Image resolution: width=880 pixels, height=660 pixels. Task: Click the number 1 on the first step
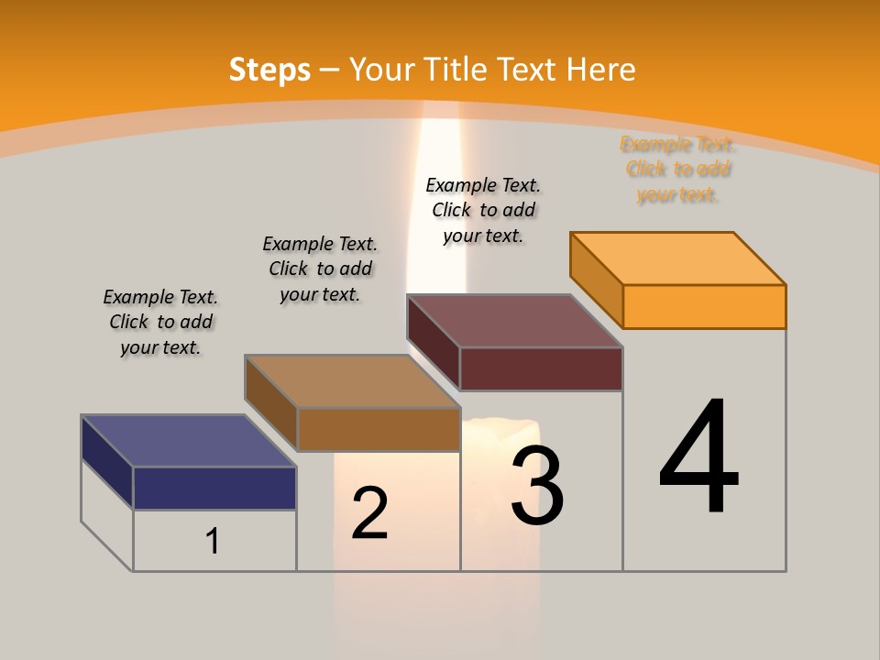tap(213, 541)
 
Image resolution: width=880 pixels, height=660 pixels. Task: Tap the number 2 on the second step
tap(369, 513)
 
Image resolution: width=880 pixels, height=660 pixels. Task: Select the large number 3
tap(537, 486)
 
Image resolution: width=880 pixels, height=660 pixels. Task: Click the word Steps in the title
tap(269, 70)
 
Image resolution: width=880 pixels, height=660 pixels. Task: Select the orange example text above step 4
tap(678, 170)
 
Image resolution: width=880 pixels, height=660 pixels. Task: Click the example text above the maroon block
tap(483, 210)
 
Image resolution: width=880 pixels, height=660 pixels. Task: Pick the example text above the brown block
tap(320, 269)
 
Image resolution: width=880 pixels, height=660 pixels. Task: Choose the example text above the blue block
tap(160, 322)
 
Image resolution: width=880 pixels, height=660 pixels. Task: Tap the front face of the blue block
tap(214, 488)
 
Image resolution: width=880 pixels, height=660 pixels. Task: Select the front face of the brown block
tap(379, 429)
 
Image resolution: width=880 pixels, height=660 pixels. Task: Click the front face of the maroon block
tap(541, 368)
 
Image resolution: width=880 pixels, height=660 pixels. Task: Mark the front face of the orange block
tap(704, 306)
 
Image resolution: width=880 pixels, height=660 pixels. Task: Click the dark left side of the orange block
tap(596, 280)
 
